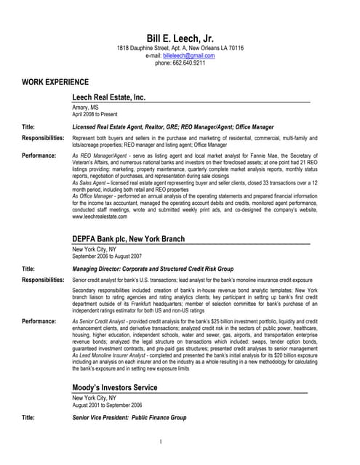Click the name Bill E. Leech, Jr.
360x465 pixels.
pyautogui.click(x=180, y=38)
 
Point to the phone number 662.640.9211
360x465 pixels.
pyautogui.click(x=180, y=63)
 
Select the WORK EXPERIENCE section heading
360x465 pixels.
pyautogui.click(x=55, y=82)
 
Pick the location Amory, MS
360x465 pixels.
pyautogui.click(x=86, y=108)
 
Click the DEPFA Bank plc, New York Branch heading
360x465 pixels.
pyautogui.click(x=137, y=238)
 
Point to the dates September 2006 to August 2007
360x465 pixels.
pyautogui.click(x=107, y=256)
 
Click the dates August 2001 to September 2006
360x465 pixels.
pyautogui.click(x=107, y=405)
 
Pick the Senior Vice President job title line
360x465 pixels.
pyautogui.click(x=129, y=418)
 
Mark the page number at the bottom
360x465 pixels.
pyautogui.click(x=180, y=441)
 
